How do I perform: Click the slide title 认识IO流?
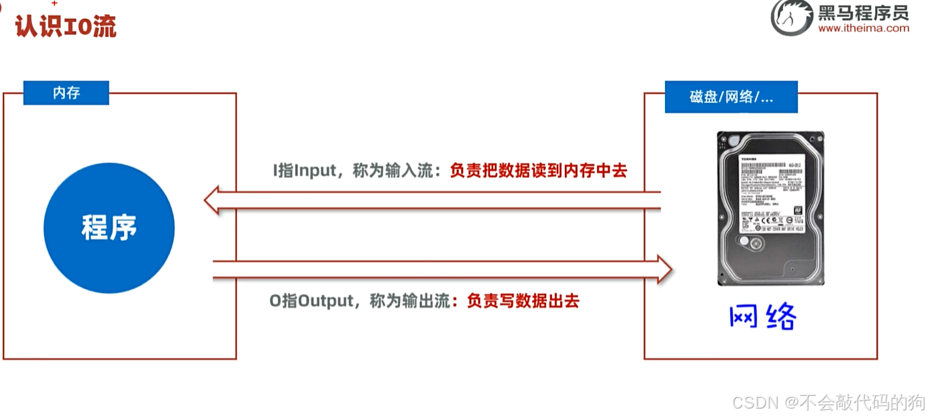(x=66, y=26)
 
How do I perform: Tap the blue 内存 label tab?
(x=66, y=93)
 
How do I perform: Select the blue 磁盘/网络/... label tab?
(x=731, y=97)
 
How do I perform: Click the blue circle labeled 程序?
(x=109, y=228)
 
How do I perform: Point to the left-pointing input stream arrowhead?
(x=213, y=200)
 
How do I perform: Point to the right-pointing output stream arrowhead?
(x=664, y=269)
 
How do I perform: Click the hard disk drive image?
(x=770, y=208)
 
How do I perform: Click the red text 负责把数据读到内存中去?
(x=538, y=171)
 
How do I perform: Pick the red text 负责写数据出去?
(x=523, y=300)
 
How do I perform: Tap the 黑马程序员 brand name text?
(x=863, y=12)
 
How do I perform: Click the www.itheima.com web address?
(x=864, y=28)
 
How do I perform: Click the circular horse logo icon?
(x=792, y=17)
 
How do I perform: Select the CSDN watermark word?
(x=754, y=403)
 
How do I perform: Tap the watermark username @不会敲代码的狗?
(x=854, y=403)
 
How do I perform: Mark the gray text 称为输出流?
(x=409, y=300)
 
